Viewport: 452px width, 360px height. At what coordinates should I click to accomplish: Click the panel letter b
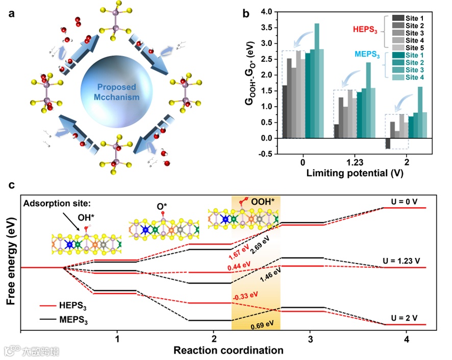245,14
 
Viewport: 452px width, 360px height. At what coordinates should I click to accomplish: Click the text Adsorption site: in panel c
53,204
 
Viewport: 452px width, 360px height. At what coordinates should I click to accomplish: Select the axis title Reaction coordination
228,350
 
